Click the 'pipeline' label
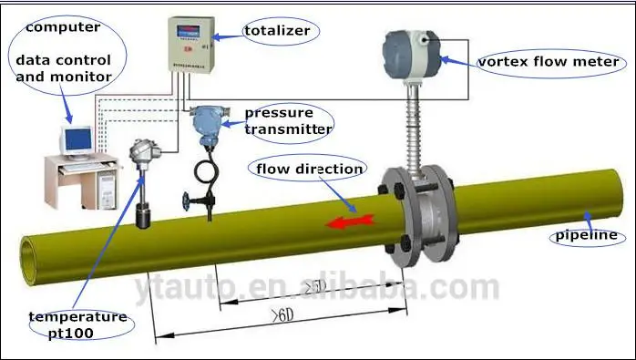tap(582, 236)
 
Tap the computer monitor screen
tap(77, 140)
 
